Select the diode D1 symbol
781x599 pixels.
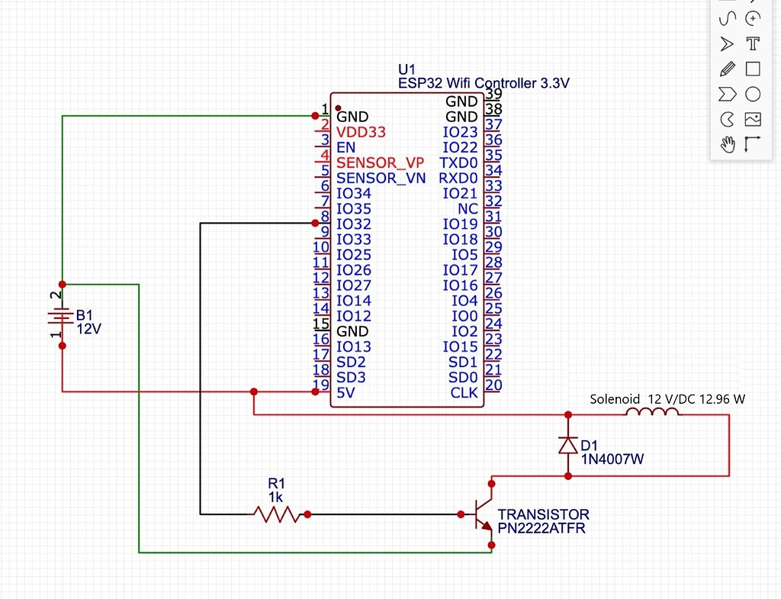pos(567,446)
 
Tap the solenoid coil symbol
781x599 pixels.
pos(652,413)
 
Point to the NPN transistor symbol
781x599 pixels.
pos(482,515)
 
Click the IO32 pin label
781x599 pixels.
pos(353,224)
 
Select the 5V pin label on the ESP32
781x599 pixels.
pos(346,392)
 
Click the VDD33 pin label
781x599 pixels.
pos(361,132)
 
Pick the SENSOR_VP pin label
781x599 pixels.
pos(380,163)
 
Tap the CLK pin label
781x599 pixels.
pos(464,392)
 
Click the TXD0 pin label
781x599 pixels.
pos(458,163)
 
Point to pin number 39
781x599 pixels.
pos(493,93)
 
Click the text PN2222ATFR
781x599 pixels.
pos(542,528)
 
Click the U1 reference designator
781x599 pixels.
pos(407,69)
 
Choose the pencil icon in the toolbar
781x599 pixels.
pos(727,69)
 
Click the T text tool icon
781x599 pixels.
pos(753,43)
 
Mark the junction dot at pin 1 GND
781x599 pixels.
pos(315,116)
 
